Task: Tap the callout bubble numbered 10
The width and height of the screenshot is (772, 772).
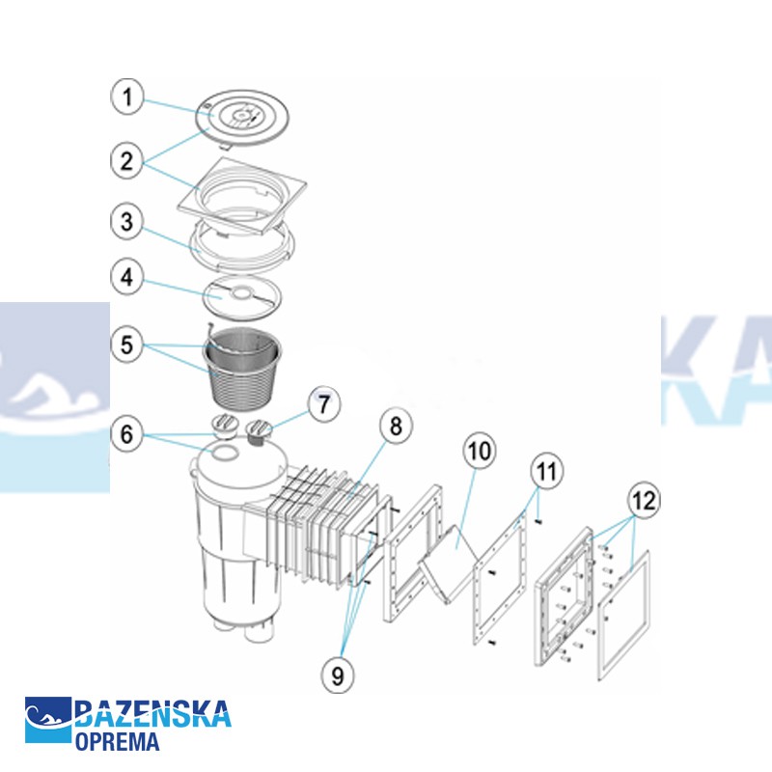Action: pyautogui.click(x=480, y=451)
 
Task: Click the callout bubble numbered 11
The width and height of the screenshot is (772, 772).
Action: pyautogui.click(x=547, y=473)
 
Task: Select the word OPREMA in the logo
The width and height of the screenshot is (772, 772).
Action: pyautogui.click(x=118, y=741)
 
